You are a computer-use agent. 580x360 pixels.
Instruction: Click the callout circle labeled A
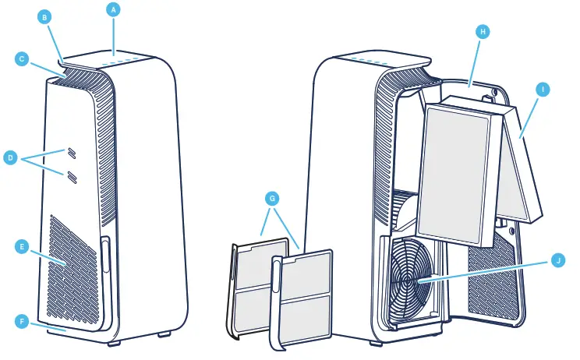coord(114,9)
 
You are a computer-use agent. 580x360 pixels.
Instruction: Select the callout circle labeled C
coord(22,58)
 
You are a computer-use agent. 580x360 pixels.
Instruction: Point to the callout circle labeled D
coord(10,158)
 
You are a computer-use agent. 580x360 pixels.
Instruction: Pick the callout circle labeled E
coord(22,246)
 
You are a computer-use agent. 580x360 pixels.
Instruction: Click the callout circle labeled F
coord(22,320)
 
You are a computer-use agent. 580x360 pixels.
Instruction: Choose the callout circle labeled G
coord(272,199)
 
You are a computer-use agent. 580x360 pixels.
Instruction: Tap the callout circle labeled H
coord(483,31)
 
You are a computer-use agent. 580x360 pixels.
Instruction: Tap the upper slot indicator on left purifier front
coord(71,152)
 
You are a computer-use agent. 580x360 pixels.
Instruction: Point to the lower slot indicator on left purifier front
coord(72,177)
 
